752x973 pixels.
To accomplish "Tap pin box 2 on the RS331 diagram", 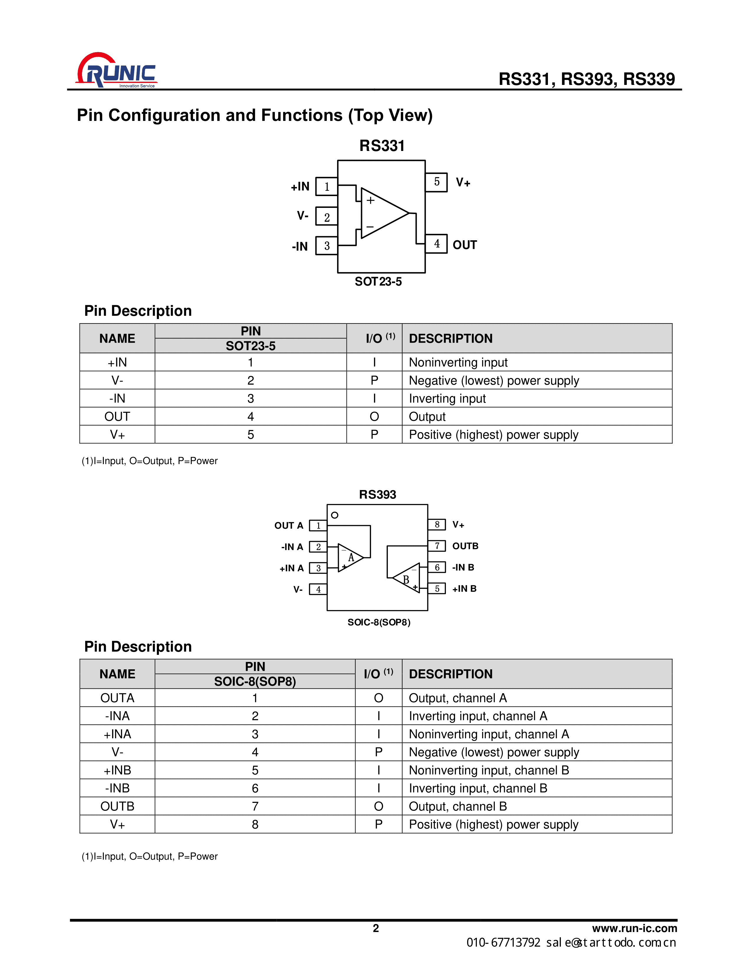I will point(326,217).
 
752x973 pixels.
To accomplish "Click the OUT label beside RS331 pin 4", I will point(465,245).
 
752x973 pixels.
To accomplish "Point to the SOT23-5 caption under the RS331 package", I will point(378,282).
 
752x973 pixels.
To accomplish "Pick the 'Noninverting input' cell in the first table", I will point(458,362).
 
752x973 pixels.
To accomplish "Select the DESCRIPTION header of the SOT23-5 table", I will point(450,338).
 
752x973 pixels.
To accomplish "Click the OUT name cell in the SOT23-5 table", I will point(117,417).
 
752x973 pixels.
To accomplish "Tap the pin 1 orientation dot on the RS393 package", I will point(335,515).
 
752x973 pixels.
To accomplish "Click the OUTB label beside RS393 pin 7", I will point(465,546).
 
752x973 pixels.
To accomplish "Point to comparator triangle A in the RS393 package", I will point(350,557).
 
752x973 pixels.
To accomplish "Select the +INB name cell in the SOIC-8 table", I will point(117,770).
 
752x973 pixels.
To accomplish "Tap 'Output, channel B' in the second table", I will point(457,806).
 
